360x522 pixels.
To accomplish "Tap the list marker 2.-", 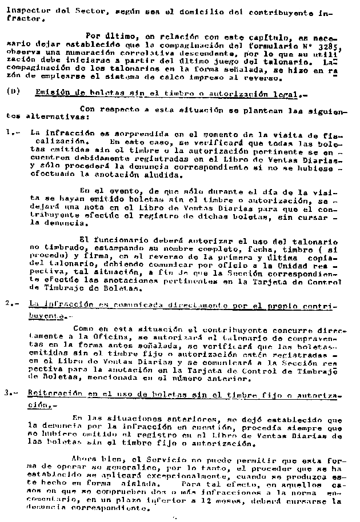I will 11,304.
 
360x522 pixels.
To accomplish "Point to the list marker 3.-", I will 11,393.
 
